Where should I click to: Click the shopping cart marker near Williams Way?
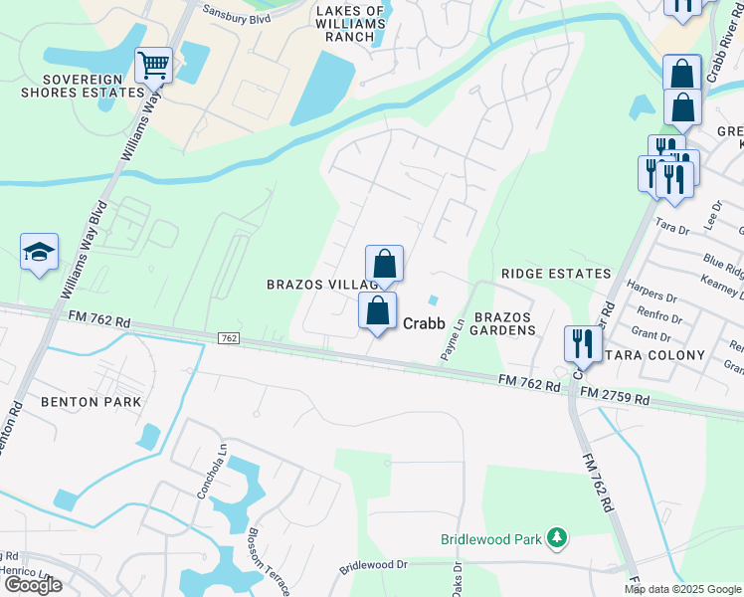pyautogui.click(x=153, y=66)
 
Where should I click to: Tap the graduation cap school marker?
pyautogui.click(x=39, y=252)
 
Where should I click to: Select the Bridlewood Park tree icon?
pyautogui.click(x=557, y=539)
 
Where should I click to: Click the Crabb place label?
pyautogui.click(x=423, y=322)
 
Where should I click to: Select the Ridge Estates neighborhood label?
pyautogui.click(x=556, y=273)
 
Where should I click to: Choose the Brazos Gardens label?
pyautogui.click(x=504, y=322)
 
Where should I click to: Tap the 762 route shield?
pyautogui.click(x=229, y=339)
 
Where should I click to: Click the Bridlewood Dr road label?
pyautogui.click(x=374, y=565)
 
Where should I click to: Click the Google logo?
pyautogui.click(x=33, y=585)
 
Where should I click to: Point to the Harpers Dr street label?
pyautogui.click(x=652, y=297)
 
